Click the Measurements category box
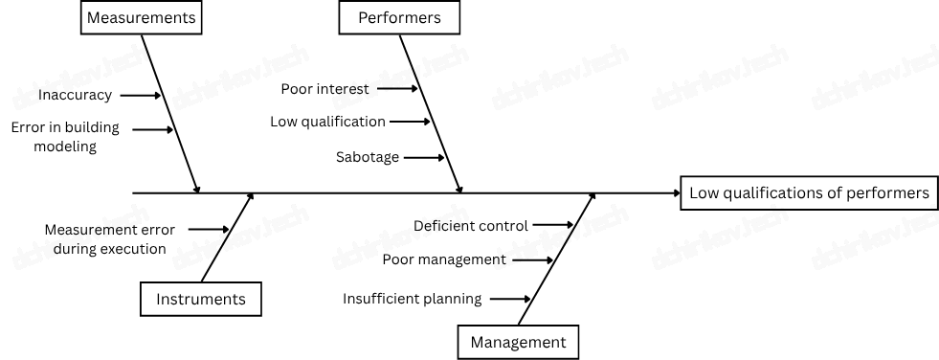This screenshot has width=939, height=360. tap(141, 17)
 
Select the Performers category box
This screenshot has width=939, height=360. tap(399, 17)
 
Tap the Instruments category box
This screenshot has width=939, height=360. tap(201, 299)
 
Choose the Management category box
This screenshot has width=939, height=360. tap(518, 342)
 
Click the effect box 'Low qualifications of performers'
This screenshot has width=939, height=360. tap(809, 192)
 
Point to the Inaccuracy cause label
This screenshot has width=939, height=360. tap(76, 95)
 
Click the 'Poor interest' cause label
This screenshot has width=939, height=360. tap(324, 89)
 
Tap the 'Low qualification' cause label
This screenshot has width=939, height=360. tap(327, 122)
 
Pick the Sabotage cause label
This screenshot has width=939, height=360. tap(368, 157)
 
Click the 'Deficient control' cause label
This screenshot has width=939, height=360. tap(471, 226)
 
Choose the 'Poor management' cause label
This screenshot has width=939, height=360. tap(444, 259)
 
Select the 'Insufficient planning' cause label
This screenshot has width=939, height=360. tap(413, 299)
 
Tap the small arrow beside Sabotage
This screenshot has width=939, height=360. tap(424, 157)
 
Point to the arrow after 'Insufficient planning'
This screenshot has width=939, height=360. tap(511, 299)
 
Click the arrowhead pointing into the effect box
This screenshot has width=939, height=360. tap(674, 193)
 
